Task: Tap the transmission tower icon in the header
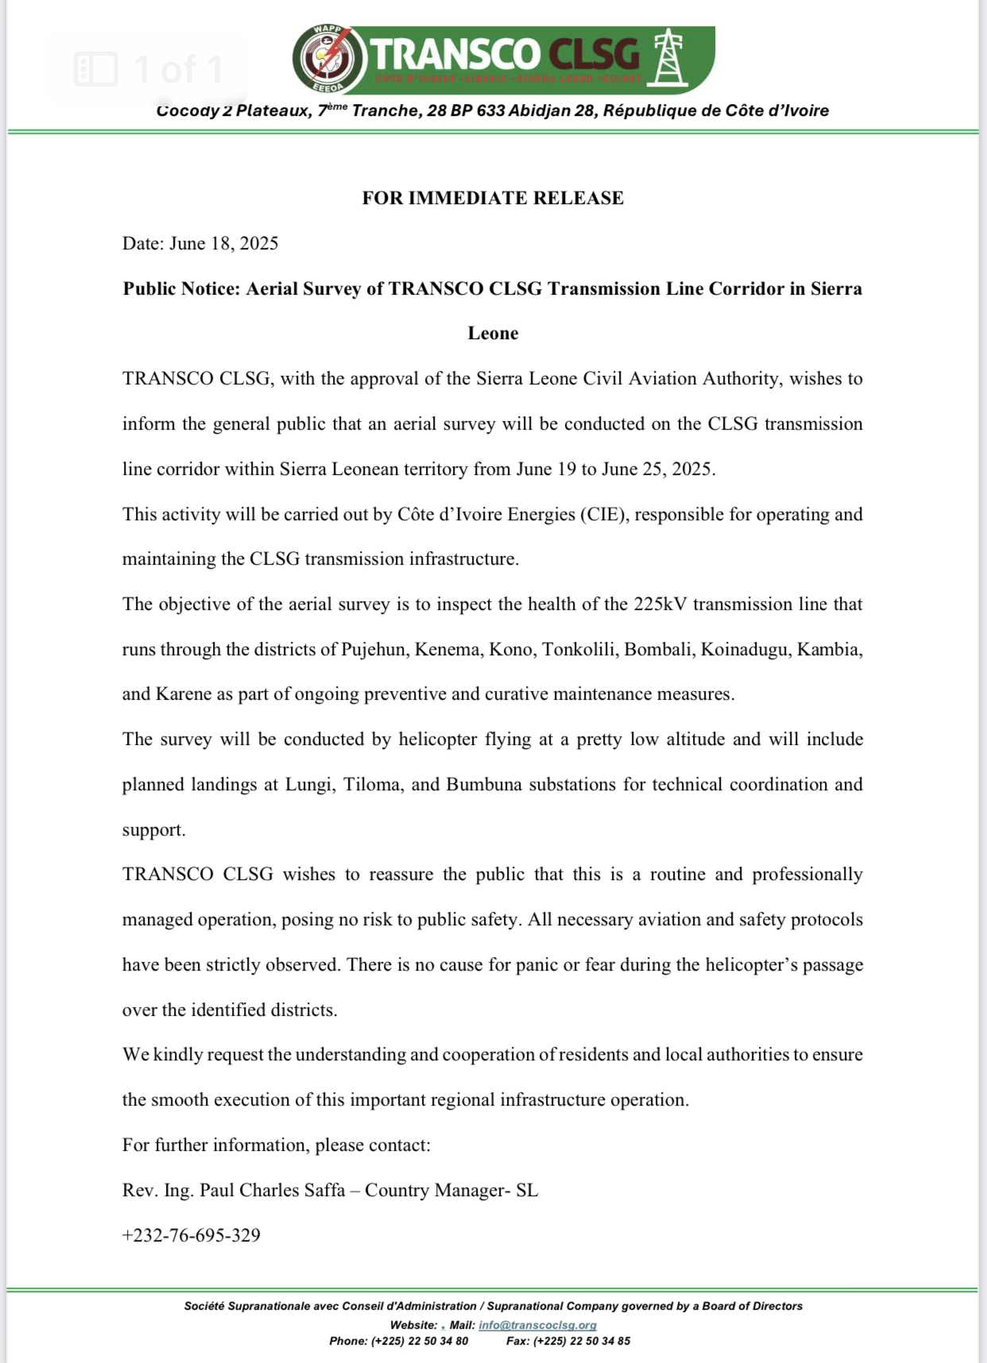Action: click(668, 58)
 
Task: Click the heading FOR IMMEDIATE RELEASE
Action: click(493, 198)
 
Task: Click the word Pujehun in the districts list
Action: click(373, 649)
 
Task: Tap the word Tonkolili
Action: click(579, 649)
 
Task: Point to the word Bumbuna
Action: click(484, 784)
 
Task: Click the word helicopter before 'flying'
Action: click(443, 739)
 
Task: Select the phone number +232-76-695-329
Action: click(192, 1235)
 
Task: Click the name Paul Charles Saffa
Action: click(273, 1190)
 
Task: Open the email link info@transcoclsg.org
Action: click(537, 1325)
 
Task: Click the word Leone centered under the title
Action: click(493, 333)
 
